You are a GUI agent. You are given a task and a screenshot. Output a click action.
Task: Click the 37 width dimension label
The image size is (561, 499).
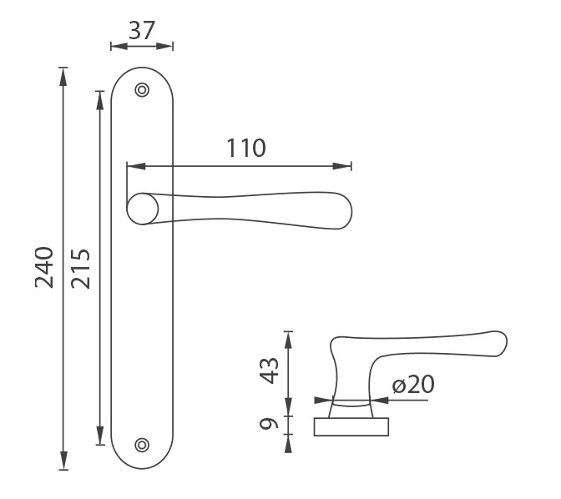142,30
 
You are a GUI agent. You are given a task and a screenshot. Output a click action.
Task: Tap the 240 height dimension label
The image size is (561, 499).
44,267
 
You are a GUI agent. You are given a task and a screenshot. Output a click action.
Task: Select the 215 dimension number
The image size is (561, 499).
80,269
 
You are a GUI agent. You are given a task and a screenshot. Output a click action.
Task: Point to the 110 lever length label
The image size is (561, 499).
246,148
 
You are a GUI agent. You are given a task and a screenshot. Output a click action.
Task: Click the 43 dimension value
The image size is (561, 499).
269,370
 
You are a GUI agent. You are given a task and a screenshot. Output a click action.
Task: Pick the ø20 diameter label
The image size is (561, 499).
413,384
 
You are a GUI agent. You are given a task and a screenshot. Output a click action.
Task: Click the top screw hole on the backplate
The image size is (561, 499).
142,90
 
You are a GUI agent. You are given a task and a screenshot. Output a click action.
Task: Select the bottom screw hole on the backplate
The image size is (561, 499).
142,445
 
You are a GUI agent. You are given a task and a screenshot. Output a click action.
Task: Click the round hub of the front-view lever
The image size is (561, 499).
143,209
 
